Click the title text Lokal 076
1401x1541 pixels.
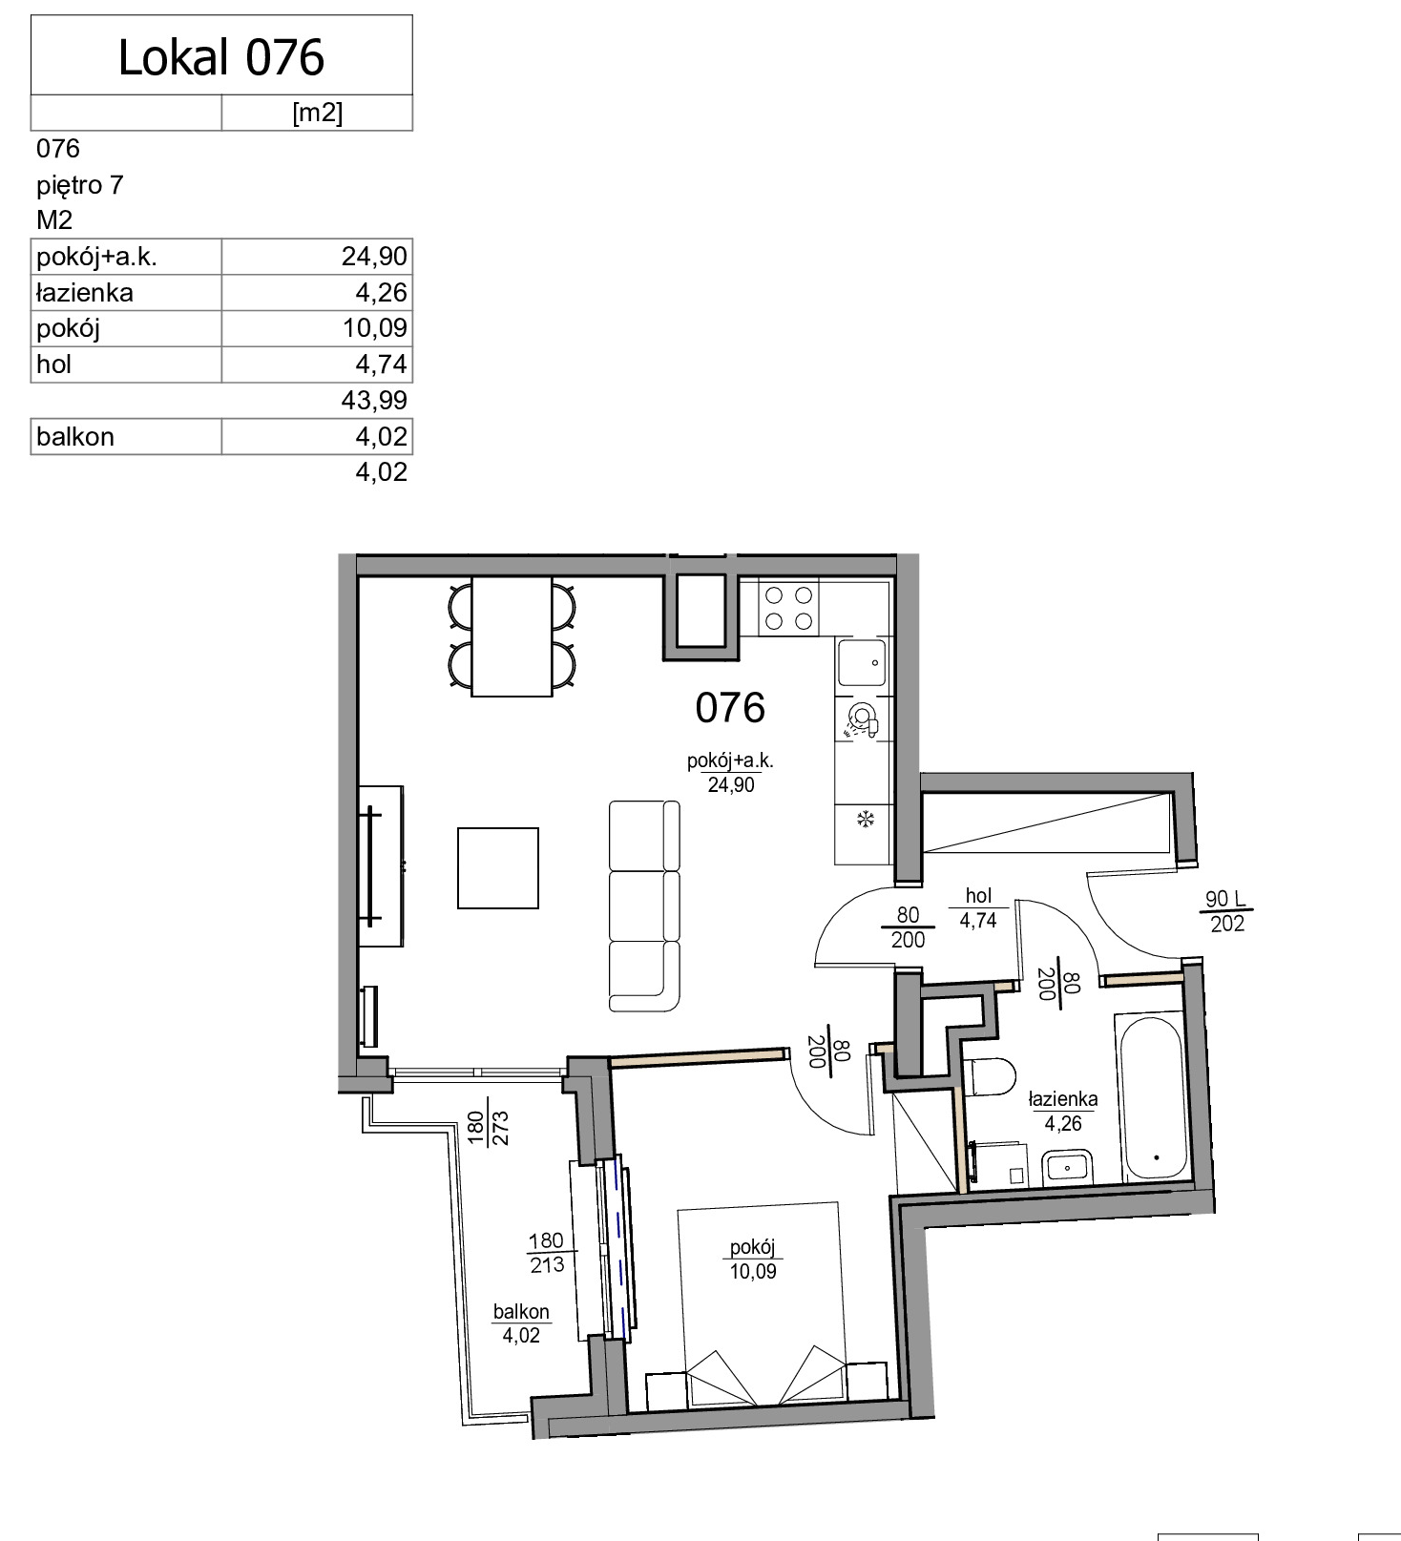221,57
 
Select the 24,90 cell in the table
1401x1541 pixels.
374,257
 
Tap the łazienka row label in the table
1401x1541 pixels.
84,293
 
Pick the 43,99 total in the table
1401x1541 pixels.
374,400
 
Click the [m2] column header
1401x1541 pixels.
317,113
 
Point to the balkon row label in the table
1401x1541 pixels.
74,436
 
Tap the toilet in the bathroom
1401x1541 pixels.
988,1077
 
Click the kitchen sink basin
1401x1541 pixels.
861,662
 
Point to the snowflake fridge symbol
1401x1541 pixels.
866,818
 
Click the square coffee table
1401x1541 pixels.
498,868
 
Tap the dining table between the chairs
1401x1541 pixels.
512,636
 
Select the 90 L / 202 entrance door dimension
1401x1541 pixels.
1226,911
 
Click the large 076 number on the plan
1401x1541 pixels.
730,708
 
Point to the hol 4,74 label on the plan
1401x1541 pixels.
978,907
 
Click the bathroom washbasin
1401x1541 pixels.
1068,1167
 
